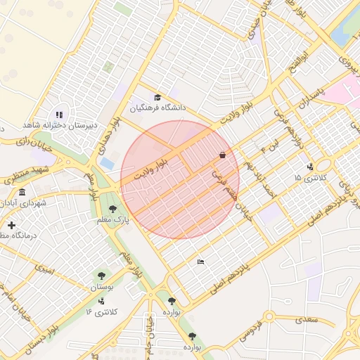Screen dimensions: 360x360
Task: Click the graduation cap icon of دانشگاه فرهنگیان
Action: tap(157, 98)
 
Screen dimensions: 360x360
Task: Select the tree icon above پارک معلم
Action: tap(112, 209)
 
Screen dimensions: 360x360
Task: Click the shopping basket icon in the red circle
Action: tap(223, 155)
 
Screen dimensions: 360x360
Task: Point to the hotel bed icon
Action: tap(201, 262)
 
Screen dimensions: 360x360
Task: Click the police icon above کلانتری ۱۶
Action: tap(101, 301)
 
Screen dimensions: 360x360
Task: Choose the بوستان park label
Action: tap(103, 287)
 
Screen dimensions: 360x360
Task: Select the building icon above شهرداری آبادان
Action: tap(22, 192)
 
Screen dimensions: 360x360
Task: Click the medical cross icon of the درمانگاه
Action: tap(11, 225)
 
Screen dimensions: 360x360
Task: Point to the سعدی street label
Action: tap(307, 320)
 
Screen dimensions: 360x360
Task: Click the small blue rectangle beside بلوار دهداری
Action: tap(107, 162)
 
